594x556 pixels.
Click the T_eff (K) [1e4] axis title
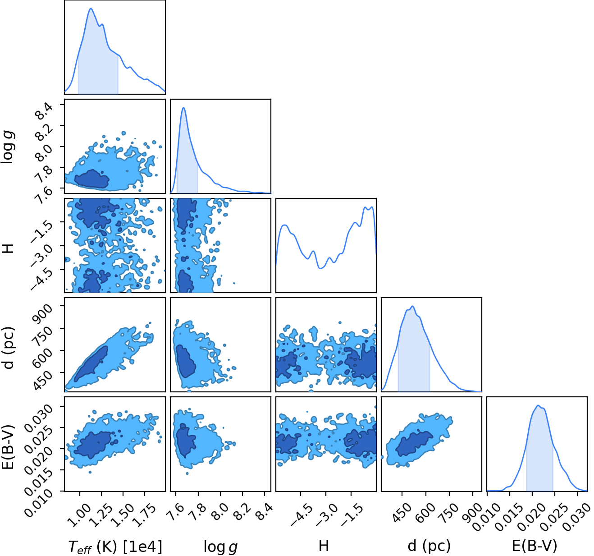(x=115, y=547)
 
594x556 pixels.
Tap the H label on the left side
(x=8, y=248)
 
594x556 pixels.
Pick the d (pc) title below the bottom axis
(x=429, y=546)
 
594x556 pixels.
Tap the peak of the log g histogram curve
(x=183, y=108)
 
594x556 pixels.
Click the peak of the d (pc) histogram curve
(x=413, y=306)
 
